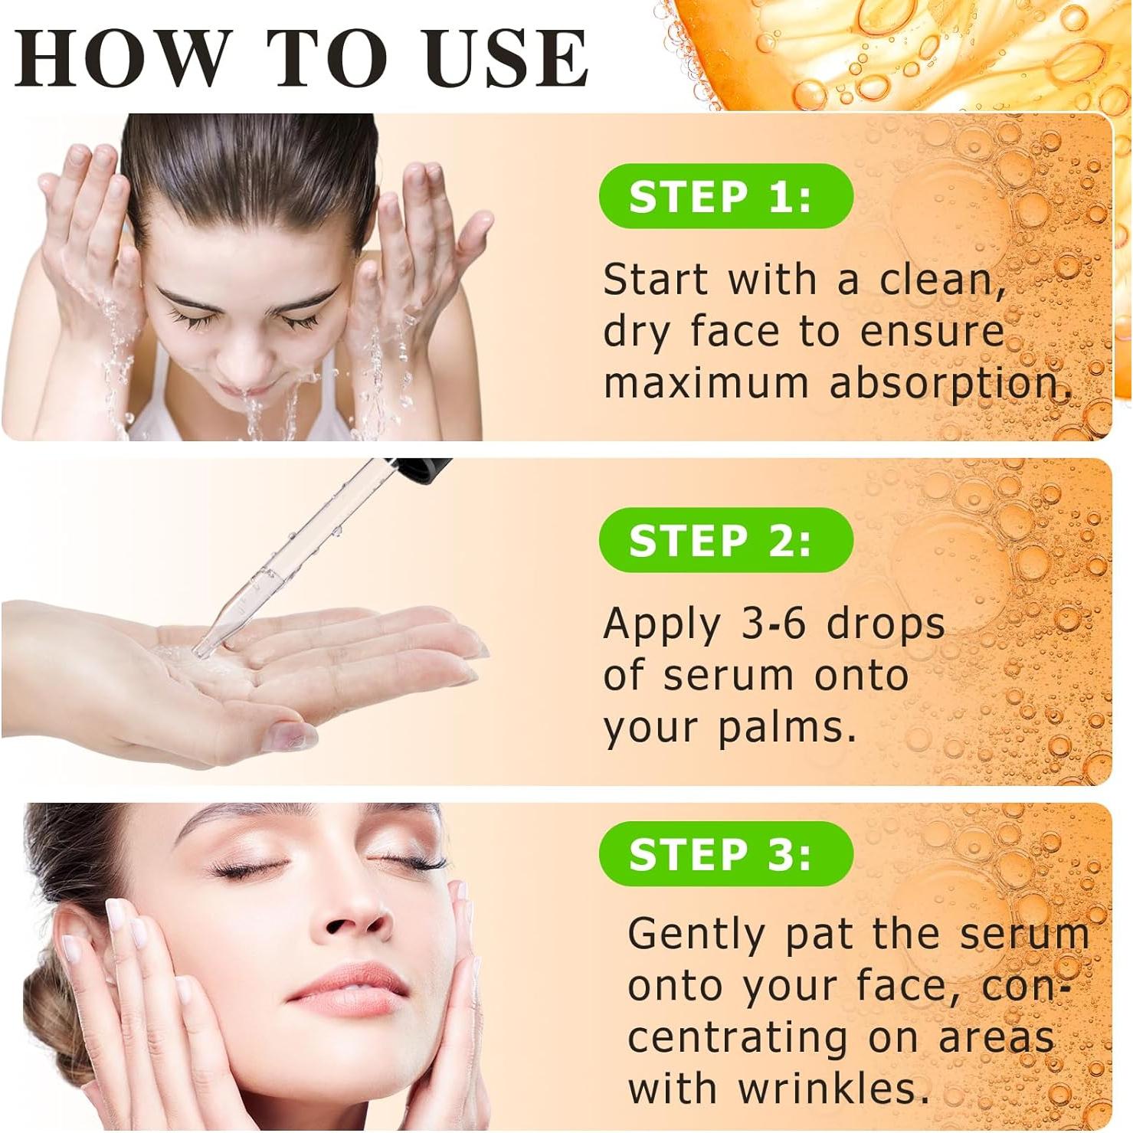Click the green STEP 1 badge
pos(725,197)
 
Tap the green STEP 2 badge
pos(725,540)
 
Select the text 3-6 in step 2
pos(774,624)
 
